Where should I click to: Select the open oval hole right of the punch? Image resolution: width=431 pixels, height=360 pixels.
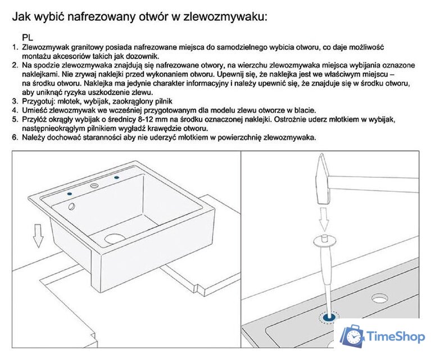click(377, 296)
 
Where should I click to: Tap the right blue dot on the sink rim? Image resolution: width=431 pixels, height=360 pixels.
click(117, 178)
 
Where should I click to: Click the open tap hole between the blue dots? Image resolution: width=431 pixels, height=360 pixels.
click(94, 184)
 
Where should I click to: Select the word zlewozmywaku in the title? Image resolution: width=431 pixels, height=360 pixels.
click(222, 17)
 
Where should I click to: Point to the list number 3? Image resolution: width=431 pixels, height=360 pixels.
click(15, 102)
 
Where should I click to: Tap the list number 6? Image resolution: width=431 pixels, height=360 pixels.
click(15, 138)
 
